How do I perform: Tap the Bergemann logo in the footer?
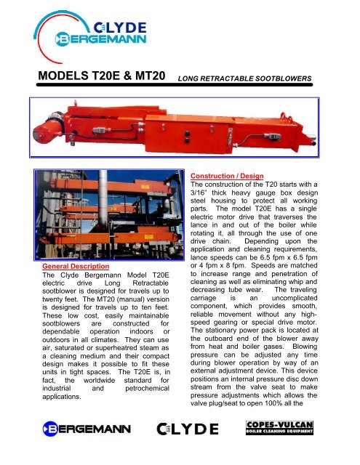click(71, 445)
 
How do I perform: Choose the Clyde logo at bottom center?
click(191, 445)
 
